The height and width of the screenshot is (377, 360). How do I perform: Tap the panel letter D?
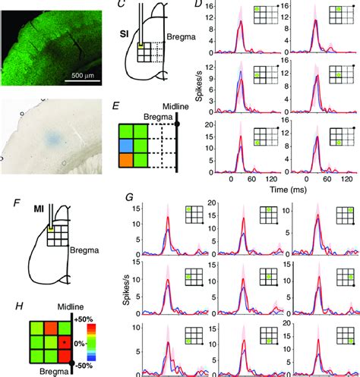[198, 5]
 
